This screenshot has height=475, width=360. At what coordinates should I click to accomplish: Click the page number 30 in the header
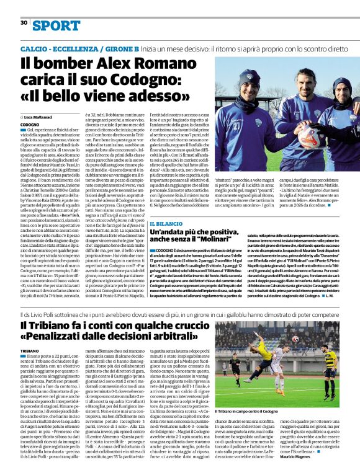pos(24,23)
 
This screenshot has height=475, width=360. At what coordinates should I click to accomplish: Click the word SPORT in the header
pos(56,25)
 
